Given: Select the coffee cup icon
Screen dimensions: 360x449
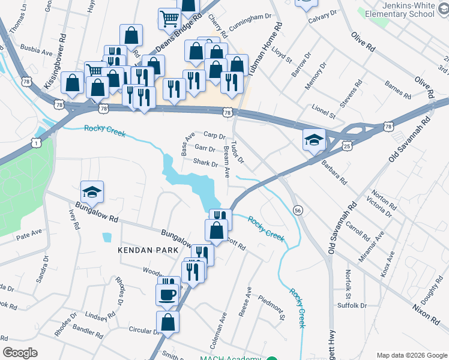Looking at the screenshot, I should tap(167, 295).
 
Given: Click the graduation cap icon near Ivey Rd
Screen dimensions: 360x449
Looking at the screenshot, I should tap(92, 192).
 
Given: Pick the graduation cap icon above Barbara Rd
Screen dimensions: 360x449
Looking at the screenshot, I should tap(314, 140).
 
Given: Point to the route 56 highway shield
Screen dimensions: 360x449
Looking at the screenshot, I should tap(297, 210).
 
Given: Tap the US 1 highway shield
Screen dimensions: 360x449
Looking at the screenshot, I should tap(38, 143).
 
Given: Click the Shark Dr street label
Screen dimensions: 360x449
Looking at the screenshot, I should tap(205, 163).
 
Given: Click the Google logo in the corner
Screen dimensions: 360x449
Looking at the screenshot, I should tap(20, 352).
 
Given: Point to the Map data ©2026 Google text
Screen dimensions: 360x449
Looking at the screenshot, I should tap(411, 355).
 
